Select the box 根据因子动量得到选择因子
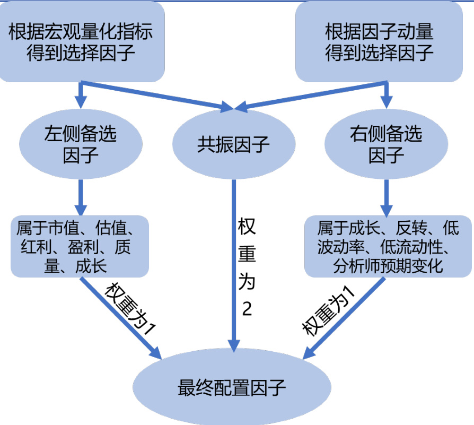[379, 42]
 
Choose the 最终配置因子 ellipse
[233, 388]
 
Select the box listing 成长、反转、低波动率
[388, 247]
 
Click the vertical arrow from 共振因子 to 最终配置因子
[233, 265]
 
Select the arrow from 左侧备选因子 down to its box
[81, 196]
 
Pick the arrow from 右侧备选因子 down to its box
[386, 196]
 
